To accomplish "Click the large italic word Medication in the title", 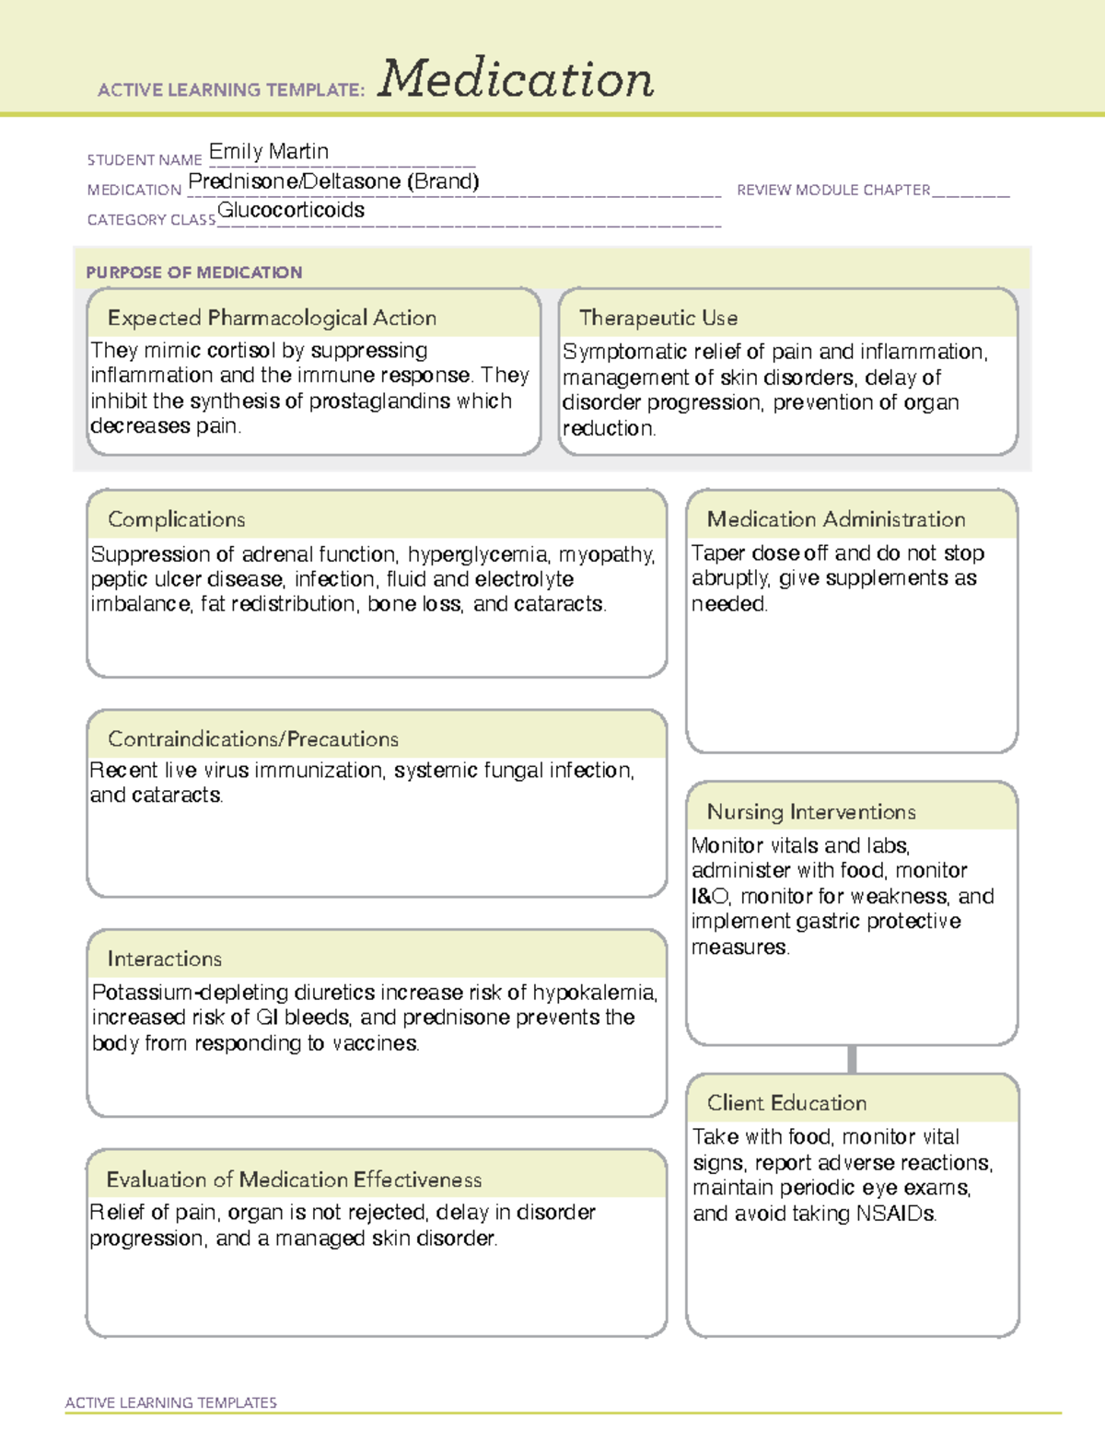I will coord(516,79).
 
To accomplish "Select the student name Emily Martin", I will coord(268,151).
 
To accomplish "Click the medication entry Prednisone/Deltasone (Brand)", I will coord(333,181).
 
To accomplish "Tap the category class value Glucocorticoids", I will coord(291,211).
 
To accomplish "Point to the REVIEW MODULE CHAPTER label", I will coord(833,190).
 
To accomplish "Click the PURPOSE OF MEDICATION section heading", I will coord(193,273).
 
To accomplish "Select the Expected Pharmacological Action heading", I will coord(272,318).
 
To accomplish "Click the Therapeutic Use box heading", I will coord(657,318).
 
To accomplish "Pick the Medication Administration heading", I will coord(835,519).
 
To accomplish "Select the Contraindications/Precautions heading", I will coord(252,739).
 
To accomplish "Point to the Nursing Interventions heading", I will coord(810,812).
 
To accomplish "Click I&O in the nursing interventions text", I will coord(710,896).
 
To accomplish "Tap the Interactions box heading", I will coord(164,959).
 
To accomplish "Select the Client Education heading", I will coord(786,1103).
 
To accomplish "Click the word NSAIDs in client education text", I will coord(895,1214).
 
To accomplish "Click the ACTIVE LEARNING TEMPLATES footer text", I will coord(170,1402).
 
